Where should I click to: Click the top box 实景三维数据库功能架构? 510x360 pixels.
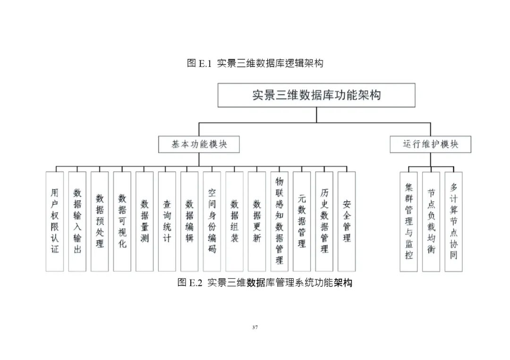tap(316, 95)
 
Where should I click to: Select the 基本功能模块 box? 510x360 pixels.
tap(199, 144)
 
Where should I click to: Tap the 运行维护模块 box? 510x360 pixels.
tap(430, 144)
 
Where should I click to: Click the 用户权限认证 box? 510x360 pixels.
tap(55, 221)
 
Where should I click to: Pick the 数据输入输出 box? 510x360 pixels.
tap(77, 221)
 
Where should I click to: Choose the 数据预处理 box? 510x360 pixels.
tap(100, 221)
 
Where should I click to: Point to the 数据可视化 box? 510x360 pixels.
tap(122, 221)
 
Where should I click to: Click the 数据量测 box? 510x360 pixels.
tap(144, 221)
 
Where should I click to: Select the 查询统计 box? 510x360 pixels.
tap(167, 221)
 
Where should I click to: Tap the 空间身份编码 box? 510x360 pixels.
tap(212, 221)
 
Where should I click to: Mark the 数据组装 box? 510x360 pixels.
tap(235, 221)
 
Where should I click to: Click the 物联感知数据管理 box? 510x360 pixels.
tap(280, 221)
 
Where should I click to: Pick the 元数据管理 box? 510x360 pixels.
tap(302, 221)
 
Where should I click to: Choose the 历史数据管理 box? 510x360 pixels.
tap(324, 221)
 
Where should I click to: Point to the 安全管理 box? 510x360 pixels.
tap(347, 221)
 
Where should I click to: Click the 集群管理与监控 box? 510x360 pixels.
tap(409, 221)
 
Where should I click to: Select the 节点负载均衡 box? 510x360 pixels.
tap(431, 221)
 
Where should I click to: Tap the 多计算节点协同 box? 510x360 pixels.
tap(454, 221)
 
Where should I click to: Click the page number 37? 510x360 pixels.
tap(255, 327)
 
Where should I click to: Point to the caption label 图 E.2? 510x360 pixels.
tap(190, 283)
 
